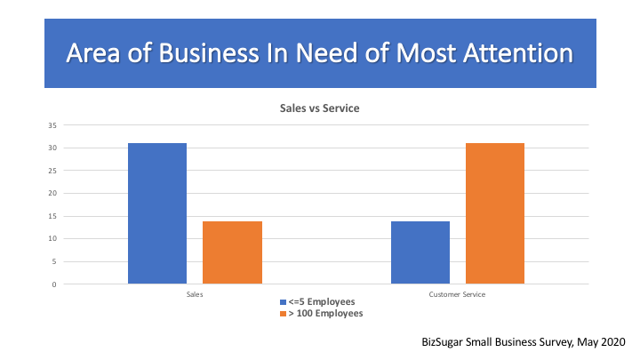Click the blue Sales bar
[157, 213]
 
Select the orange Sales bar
[232, 252]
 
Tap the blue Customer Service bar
[420, 252]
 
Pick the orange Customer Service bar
[495, 213]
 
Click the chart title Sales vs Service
[320, 108]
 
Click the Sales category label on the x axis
[195, 293]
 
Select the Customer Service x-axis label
[458, 293]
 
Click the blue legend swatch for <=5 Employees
[283, 302]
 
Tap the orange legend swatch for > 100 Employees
[283, 314]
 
